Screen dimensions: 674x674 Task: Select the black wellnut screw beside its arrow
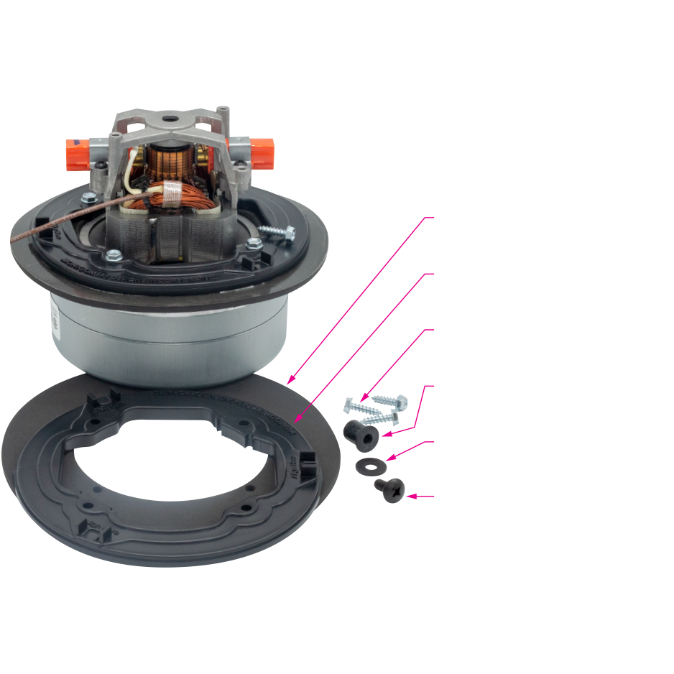coord(387,490)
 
